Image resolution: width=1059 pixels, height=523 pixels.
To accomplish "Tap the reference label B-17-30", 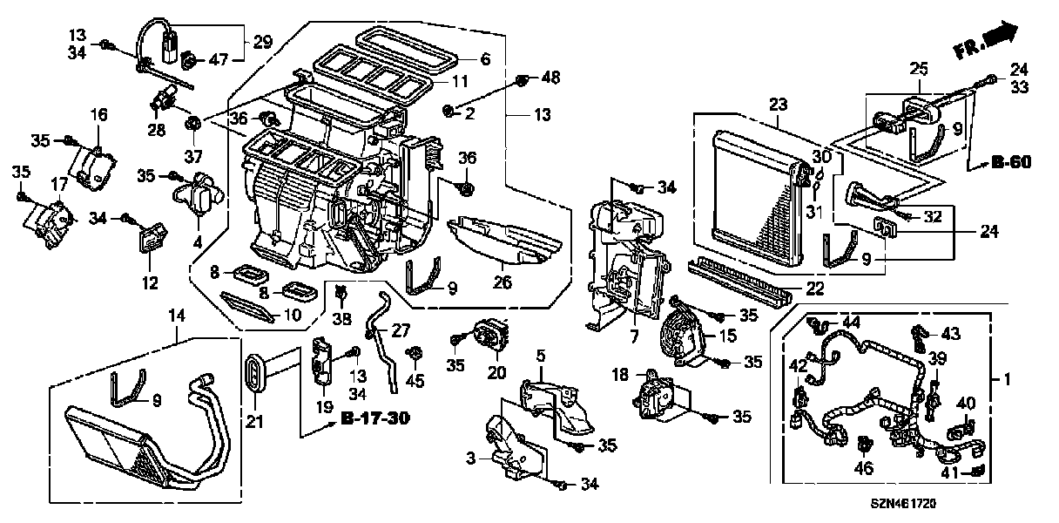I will pos(374,420).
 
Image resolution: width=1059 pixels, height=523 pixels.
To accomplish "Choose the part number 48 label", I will pos(550,78).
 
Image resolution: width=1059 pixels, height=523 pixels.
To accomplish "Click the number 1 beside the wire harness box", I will pos(1008,380).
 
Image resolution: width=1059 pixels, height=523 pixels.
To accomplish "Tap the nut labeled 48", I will pos(522,80).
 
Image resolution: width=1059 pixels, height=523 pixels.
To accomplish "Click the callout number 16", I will pos(98,113).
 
